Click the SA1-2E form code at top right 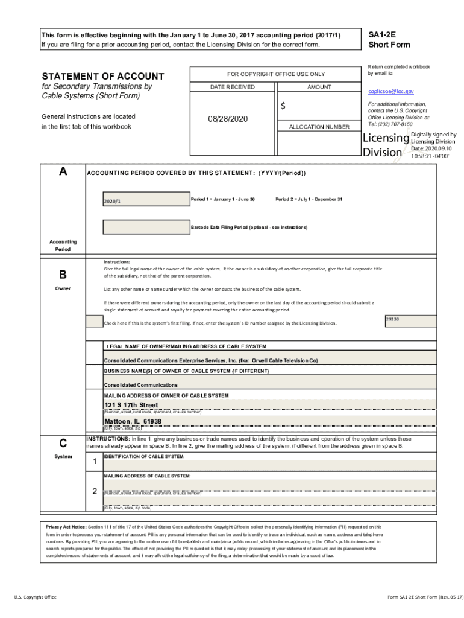tap(381, 35)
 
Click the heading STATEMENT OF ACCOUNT tap(102, 76)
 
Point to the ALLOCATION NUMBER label tap(319, 127)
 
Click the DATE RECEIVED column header tap(232, 87)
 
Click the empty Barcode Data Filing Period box tap(145, 227)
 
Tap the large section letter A tap(63, 171)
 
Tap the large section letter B tap(63, 275)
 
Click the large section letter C tap(63, 442)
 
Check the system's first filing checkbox tap(94, 322)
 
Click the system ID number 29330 tap(392, 319)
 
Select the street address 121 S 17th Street tap(131, 404)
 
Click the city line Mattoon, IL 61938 tap(133, 421)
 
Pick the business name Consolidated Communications tap(141, 384)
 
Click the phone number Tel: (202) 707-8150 tap(390, 124)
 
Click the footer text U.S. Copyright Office tap(36, 597)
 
